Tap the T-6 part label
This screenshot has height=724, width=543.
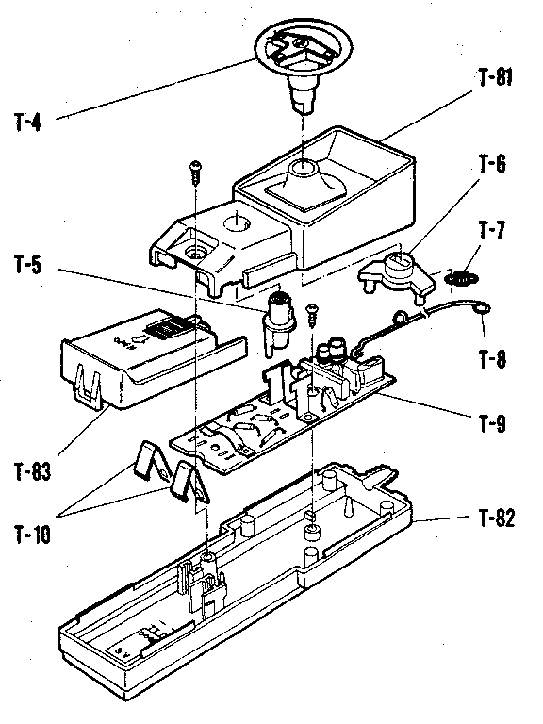(491, 165)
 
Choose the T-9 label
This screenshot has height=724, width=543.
(490, 423)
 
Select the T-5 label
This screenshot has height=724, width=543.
(27, 267)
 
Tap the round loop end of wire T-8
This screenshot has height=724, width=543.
(483, 306)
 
